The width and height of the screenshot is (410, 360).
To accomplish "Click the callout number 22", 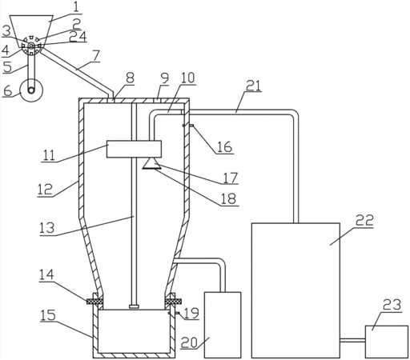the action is coord(364,220).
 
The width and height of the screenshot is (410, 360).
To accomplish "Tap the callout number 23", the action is coord(392,305).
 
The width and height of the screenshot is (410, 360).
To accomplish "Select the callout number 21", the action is coord(252,86).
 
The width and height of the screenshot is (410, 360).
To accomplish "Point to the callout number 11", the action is coord(49,155).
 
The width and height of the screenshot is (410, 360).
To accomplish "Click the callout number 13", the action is coord(47,228).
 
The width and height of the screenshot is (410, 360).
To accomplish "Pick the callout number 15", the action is coord(48,315).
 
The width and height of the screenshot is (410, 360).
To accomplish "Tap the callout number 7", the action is coord(95,55).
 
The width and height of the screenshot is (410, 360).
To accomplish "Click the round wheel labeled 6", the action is coord(32,90).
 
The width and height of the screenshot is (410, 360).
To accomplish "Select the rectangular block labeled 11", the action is coord(134,149).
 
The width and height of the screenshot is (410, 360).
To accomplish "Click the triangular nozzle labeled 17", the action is coord(151,163).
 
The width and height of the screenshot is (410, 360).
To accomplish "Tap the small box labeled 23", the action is coord(387,342).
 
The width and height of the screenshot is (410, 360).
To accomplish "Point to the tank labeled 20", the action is coord(223,325).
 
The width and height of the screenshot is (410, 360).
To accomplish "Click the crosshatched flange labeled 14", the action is coord(94,302).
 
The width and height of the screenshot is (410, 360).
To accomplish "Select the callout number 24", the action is coord(78,37).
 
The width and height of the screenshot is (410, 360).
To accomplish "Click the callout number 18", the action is coord(229,198).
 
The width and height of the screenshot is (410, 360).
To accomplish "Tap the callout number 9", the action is coord(165,78).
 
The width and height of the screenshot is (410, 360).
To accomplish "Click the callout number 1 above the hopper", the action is coord(76,7).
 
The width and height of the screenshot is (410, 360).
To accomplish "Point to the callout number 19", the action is coord(191,314).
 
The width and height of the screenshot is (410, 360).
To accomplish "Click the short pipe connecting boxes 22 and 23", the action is coord(352,340).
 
